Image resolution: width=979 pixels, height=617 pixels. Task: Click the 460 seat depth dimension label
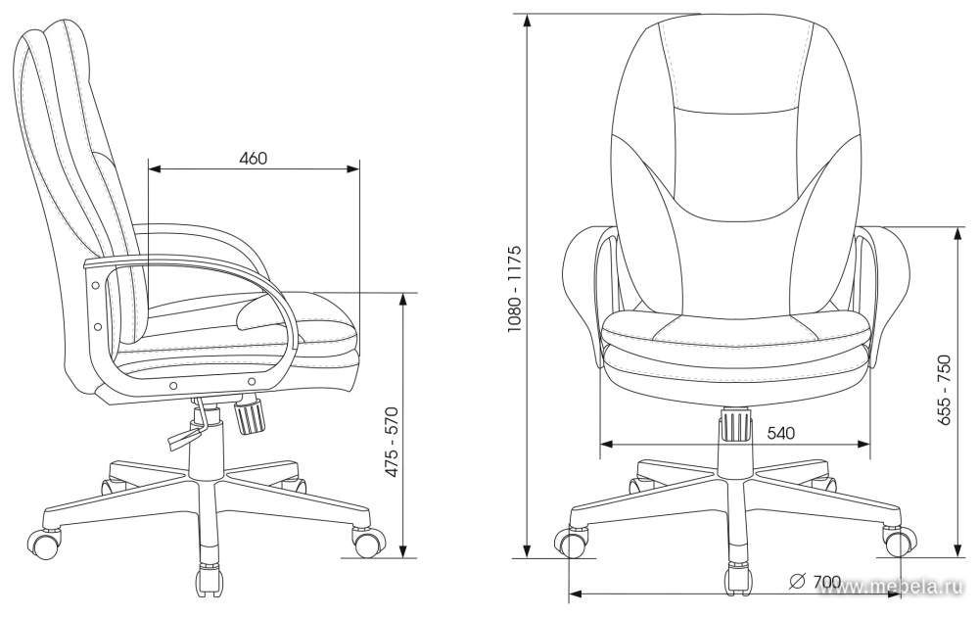(254, 159)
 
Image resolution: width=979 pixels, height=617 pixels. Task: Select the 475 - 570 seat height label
(391, 443)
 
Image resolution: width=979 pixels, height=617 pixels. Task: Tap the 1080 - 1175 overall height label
(514, 288)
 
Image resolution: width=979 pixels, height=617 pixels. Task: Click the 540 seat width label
(780, 432)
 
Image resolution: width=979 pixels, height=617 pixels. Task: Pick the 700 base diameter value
(827, 582)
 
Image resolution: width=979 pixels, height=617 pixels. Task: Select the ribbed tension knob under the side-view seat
(250, 416)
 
